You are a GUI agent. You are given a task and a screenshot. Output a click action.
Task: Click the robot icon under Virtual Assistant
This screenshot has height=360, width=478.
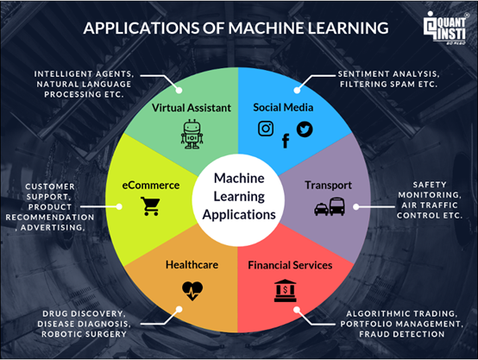click(x=192, y=134)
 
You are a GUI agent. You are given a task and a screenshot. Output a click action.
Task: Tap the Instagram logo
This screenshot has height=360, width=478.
click(x=266, y=129)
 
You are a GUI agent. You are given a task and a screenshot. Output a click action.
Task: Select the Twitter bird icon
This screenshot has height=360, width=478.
click(x=305, y=129)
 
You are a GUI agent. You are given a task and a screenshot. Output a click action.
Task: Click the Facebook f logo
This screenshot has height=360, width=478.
click(x=286, y=141)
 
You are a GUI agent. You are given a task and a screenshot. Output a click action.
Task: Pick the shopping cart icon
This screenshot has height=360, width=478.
click(x=150, y=206)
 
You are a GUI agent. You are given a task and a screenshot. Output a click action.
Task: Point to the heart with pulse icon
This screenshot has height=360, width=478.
click(x=192, y=291)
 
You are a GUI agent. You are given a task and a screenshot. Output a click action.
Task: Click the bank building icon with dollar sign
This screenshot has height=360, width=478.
click(x=285, y=290)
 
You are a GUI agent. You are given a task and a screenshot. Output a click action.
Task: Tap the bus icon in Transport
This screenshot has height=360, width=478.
click(x=337, y=206)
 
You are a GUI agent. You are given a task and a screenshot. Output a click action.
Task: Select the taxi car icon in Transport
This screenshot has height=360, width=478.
click(x=321, y=209)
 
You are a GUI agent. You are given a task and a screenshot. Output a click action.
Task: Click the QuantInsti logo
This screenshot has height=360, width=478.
click(x=445, y=28)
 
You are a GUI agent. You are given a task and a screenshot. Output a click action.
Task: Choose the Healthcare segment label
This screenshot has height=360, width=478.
click(x=192, y=264)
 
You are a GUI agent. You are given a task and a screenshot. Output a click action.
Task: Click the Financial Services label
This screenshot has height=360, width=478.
click(x=290, y=265)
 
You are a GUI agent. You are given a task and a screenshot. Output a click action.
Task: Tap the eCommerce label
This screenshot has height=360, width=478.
click(x=151, y=186)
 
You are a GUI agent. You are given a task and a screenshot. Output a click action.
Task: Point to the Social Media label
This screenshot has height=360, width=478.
click(x=283, y=107)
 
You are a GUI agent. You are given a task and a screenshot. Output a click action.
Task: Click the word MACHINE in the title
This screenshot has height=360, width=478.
click(x=266, y=28)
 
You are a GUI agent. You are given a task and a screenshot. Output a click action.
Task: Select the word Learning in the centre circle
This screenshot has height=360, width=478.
click(x=239, y=197)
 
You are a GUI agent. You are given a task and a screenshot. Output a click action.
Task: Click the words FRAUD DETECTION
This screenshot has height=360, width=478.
click(x=401, y=334)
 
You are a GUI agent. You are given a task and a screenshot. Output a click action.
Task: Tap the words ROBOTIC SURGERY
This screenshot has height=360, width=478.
click(x=84, y=334)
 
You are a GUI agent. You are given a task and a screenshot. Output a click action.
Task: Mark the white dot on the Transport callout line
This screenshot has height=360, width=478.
click(x=355, y=207)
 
